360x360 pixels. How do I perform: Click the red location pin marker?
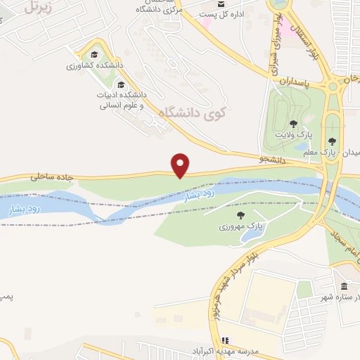(x=181, y=165)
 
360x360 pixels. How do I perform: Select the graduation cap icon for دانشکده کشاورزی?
(x=93, y=55)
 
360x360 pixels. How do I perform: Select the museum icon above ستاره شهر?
(x=344, y=287)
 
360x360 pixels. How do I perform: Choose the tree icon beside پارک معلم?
(x=342, y=141)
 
